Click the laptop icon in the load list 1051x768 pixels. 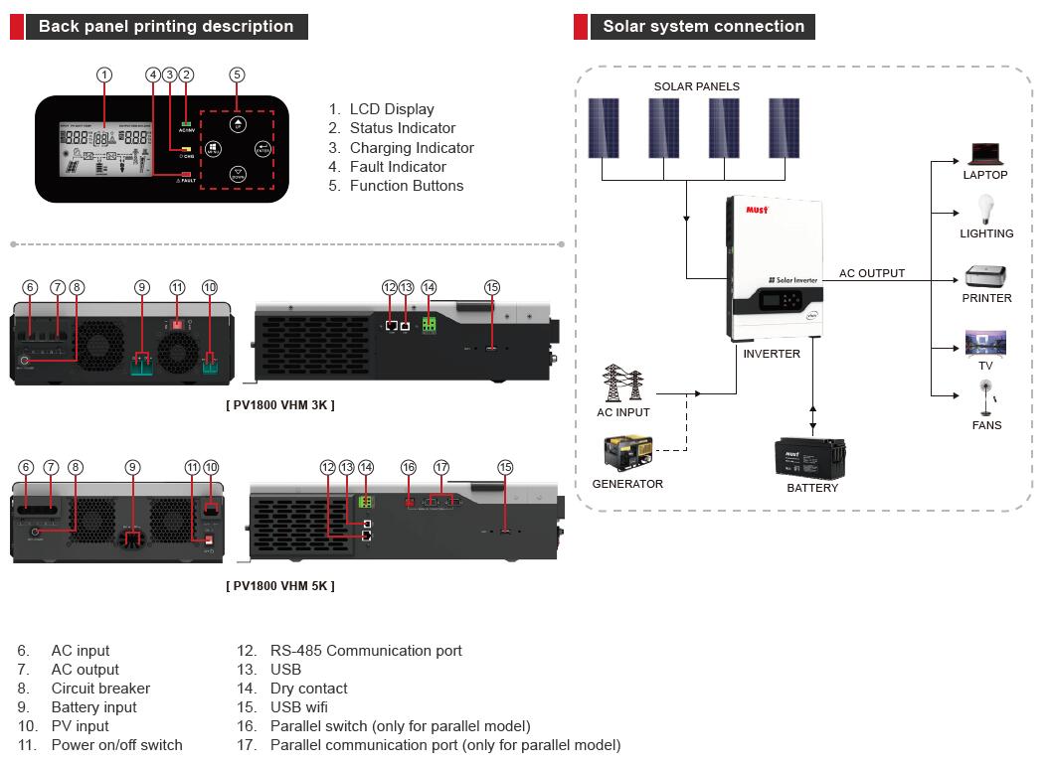[x=984, y=154]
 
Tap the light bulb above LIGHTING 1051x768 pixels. [x=986, y=210]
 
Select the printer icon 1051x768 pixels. [x=986, y=275]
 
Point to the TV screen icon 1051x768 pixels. [x=985, y=344]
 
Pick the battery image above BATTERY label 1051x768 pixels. [x=810, y=458]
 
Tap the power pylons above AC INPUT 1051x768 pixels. [x=623, y=383]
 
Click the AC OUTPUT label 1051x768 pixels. [x=872, y=273]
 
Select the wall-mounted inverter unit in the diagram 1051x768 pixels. [x=772, y=268]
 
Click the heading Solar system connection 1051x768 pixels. [x=703, y=27]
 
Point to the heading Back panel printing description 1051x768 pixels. [x=166, y=27]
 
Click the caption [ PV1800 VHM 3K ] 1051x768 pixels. [x=280, y=405]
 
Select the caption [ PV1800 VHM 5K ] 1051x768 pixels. [x=280, y=586]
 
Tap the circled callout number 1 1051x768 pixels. [x=104, y=75]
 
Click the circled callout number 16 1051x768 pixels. [x=408, y=467]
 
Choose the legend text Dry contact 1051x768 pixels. [x=308, y=689]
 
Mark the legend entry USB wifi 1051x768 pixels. [x=298, y=707]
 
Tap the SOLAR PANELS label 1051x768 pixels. [x=696, y=86]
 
